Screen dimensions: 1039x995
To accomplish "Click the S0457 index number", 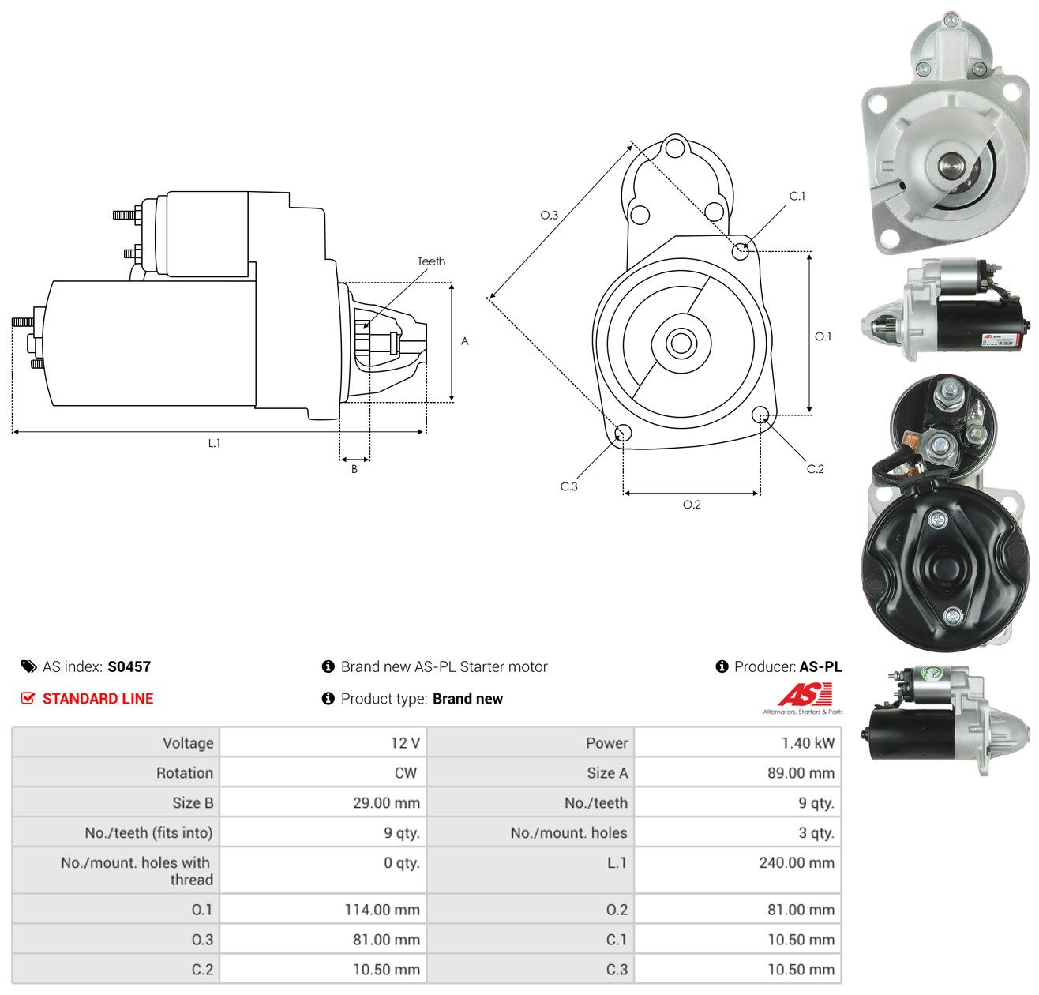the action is [129, 666].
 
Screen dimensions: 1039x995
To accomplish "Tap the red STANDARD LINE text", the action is [98, 699].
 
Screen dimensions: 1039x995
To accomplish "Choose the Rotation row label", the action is [184, 773].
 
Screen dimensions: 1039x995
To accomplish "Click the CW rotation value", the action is [406, 773].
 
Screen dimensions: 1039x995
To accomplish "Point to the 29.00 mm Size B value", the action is [386, 803].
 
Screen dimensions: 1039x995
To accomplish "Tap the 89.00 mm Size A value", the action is [801, 773].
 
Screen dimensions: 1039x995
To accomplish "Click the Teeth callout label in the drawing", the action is [431, 261].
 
